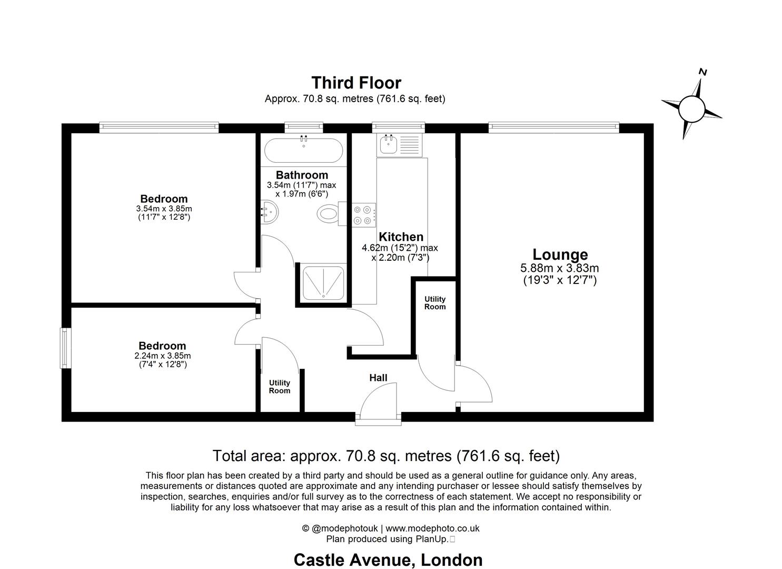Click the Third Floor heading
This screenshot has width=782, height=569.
point(356,83)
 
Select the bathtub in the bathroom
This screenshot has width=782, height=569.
point(303,151)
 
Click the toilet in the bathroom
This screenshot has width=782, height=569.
point(328,214)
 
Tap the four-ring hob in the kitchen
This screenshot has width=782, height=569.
point(364,215)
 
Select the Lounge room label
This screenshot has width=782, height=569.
point(560,255)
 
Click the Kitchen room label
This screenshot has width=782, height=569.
point(401,237)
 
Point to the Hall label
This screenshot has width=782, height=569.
point(378,378)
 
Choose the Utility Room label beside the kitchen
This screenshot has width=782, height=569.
point(435,303)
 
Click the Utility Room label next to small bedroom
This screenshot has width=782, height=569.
point(280,387)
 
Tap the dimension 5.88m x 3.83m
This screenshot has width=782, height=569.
point(559,268)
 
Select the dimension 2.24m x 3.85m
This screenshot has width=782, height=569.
point(162,356)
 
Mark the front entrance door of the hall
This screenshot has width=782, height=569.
point(378,416)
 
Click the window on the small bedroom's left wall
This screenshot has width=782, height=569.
point(65,348)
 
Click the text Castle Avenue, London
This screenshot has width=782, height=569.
point(388,560)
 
